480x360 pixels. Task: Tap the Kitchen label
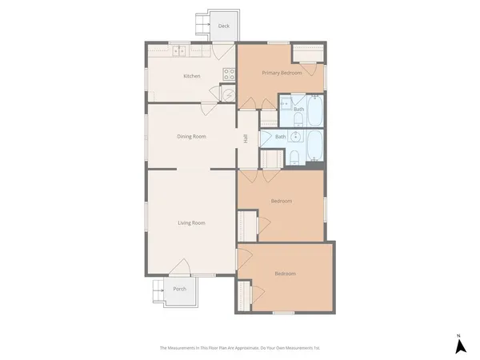(192, 76)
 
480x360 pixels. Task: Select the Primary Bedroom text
(282, 73)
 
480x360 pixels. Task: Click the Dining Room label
(191, 136)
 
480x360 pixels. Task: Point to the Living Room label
(191, 222)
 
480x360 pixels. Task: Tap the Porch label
(180, 289)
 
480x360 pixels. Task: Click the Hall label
(245, 138)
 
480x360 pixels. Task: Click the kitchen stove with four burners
(229, 74)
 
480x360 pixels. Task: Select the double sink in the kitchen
(180, 51)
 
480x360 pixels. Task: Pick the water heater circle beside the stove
(228, 94)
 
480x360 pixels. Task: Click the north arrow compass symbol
(460, 346)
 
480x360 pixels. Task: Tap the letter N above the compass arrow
(459, 334)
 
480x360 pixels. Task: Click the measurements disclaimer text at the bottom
(240, 348)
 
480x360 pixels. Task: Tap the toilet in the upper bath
(297, 120)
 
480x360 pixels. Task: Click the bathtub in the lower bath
(314, 146)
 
